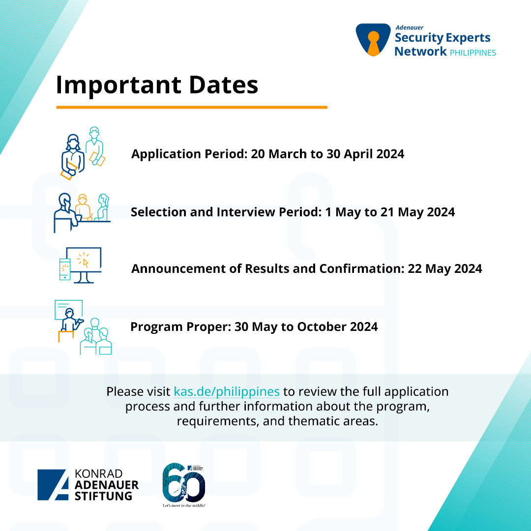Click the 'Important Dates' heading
pyautogui.click(x=157, y=85)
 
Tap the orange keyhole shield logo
pyautogui.click(x=373, y=40)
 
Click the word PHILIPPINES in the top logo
pyautogui.click(x=473, y=53)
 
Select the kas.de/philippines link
pyautogui.click(x=227, y=391)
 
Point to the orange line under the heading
pyautogui.click(x=192, y=107)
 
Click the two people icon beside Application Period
pyautogui.click(x=83, y=153)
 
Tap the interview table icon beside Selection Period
pyautogui.click(x=82, y=213)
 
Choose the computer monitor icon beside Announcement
pyautogui.click(x=80, y=265)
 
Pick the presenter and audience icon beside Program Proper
pyautogui.click(x=83, y=327)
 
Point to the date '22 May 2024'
pyautogui.click(x=444, y=268)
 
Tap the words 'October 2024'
pyautogui.click(x=337, y=327)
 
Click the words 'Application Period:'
pyautogui.click(x=190, y=154)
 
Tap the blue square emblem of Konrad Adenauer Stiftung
pyautogui.click(x=53, y=485)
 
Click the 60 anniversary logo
pyautogui.click(x=184, y=484)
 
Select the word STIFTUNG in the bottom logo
pyautogui.click(x=103, y=496)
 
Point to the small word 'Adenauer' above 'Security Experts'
pyautogui.click(x=410, y=28)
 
